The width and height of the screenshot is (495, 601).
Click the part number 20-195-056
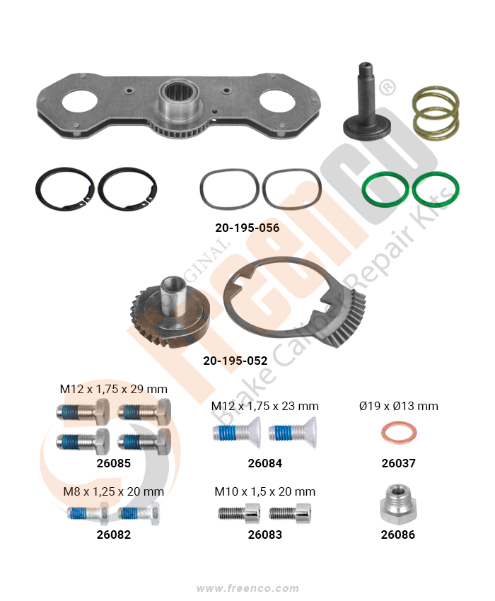pos(247,228)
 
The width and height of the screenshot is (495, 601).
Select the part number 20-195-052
pos(235,361)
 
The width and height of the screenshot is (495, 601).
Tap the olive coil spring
pos(436,113)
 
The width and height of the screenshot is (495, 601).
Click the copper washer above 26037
pos(398,433)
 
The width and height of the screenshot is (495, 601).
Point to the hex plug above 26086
pos(398,503)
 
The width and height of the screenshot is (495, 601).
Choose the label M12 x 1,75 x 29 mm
pos(113,389)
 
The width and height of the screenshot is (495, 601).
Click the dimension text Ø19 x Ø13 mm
pos(398,406)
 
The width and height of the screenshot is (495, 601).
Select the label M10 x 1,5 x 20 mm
pos(265,491)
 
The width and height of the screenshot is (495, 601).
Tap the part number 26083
pos(265,535)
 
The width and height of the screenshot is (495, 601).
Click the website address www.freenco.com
pos(248,588)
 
